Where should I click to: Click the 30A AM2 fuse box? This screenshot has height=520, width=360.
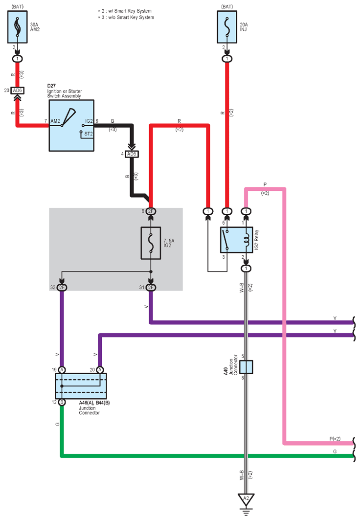(x=18, y=27)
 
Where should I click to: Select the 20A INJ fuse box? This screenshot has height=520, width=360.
(x=227, y=27)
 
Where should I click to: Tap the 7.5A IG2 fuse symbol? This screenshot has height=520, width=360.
(x=151, y=243)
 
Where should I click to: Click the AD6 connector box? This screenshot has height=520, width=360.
(x=17, y=90)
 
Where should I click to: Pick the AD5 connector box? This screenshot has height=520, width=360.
(x=132, y=154)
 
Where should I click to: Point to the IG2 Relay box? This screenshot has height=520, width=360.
(x=237, y=240)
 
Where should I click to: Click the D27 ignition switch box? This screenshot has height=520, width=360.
(x=71, y=126)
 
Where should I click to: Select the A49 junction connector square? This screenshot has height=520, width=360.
(x=246, y=367)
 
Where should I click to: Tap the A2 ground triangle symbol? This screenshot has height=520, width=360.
(x=246, y=499)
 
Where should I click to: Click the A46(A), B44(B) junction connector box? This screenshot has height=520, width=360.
(x=81, y=386)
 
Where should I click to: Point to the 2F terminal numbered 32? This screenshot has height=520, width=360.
(x=62, y=288)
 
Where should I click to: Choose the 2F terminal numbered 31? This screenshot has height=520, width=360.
(x=151, y=288)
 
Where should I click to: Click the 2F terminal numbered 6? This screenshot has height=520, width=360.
(x=151, y=211)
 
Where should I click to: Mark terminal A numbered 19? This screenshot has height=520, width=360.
(x=62, y=370)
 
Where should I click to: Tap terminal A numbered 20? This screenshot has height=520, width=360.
(x=100, y=370)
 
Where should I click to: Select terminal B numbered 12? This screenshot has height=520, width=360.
(x=62, y=402)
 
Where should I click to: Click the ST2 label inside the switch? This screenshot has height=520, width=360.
(x=89, y=134)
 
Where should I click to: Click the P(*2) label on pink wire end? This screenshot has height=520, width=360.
(x=335, y=439)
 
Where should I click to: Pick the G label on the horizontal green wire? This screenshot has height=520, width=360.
(x=335, y=452)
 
